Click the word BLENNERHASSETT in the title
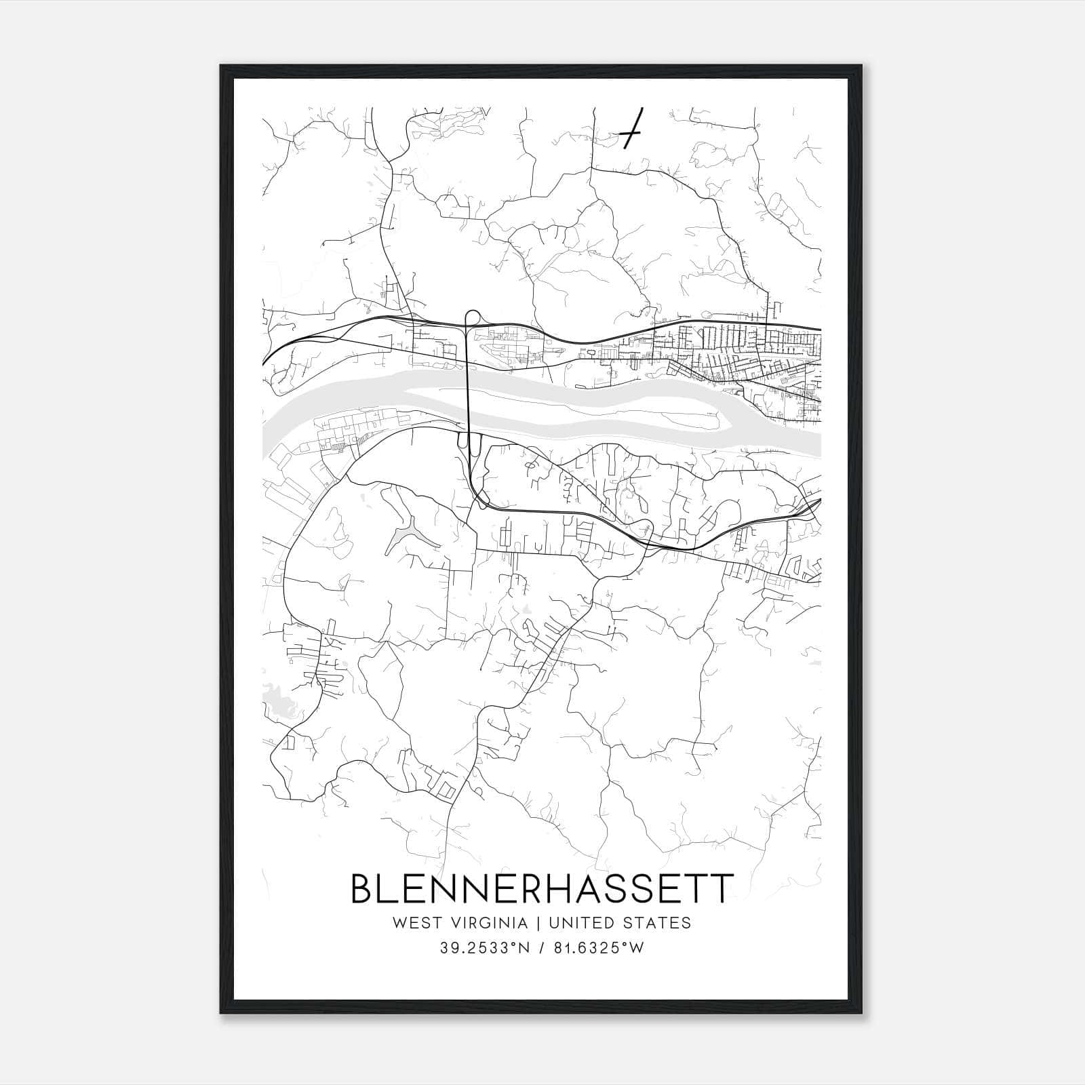[541, 889]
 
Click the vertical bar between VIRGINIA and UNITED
[538, 923]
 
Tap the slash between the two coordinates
[541, 948]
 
